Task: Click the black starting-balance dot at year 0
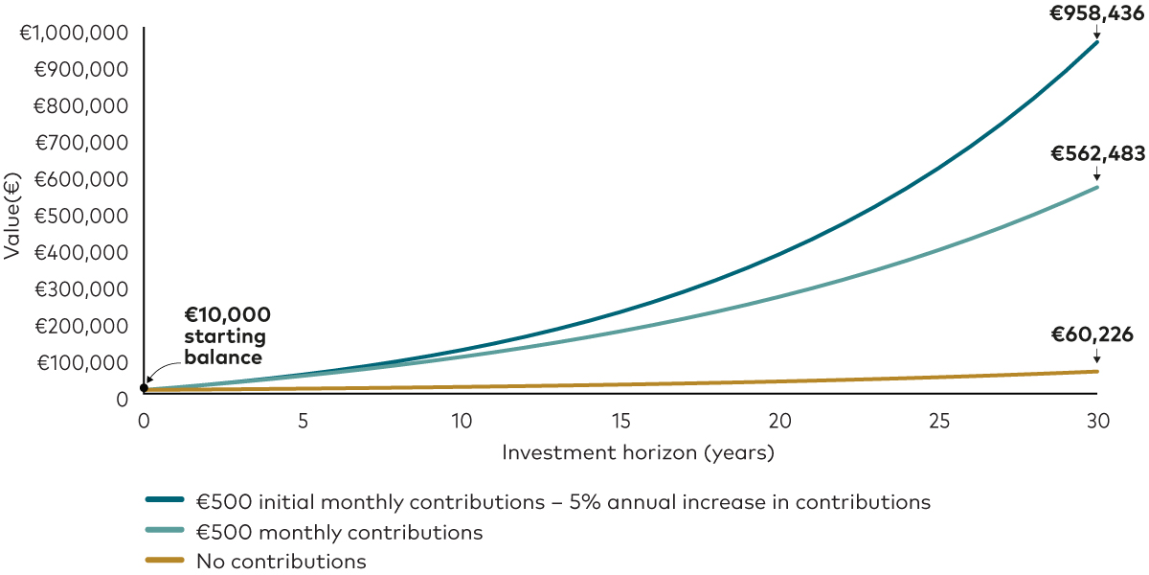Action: coord(144,388)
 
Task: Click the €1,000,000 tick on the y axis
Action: coord(74,33)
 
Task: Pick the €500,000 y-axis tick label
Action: coord(80,216)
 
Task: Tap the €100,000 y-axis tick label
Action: coord(81,362)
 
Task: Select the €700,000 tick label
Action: coord(80,143)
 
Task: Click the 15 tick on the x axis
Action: coord(620,420)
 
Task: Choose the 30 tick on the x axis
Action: coord(1097,420)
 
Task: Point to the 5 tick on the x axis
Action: coord(303,420)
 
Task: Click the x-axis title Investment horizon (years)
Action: coord(637,452)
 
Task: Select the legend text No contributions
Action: coord(281,562)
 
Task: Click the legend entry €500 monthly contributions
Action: coord(339,531)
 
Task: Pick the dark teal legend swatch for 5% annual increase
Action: coord(165,500)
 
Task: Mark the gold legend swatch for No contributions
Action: coord(165,562)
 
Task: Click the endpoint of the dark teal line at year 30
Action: coord(1097,42)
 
